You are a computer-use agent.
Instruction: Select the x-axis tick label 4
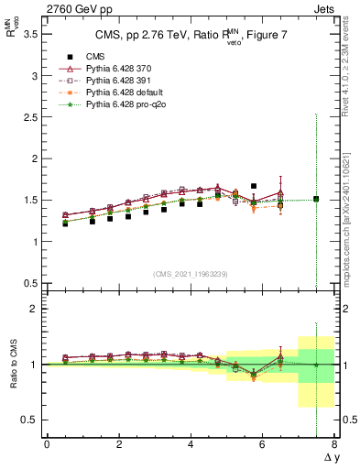coord(191,444)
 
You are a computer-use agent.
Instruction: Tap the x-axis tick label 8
coord(334,444)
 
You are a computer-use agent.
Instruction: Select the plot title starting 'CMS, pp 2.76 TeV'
coord(189,38)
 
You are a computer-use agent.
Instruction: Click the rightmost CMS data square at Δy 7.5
coord(316,199)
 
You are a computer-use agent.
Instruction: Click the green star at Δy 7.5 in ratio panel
coord(316,365)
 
